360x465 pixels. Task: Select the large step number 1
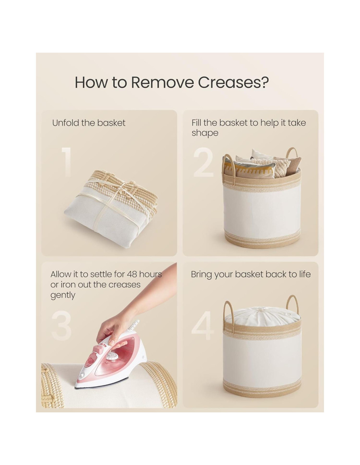pos(67,162)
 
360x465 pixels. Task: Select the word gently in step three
pos(63,296)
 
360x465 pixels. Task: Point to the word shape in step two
pos(205,133)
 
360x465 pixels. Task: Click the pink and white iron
pos(111,359)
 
